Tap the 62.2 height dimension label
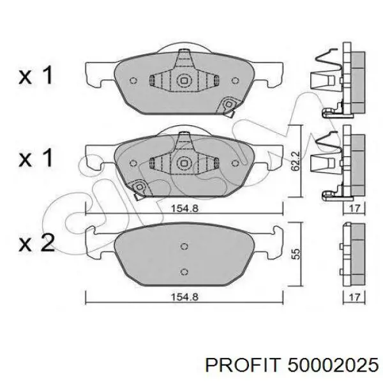coord(296,161)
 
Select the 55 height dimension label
coord(296,254)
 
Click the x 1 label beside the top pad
coord(36,75)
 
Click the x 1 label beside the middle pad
coord(36,158)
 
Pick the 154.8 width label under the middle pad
coord(184,208)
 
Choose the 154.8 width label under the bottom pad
coord(184,297)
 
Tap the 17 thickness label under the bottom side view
coord(354,297)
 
